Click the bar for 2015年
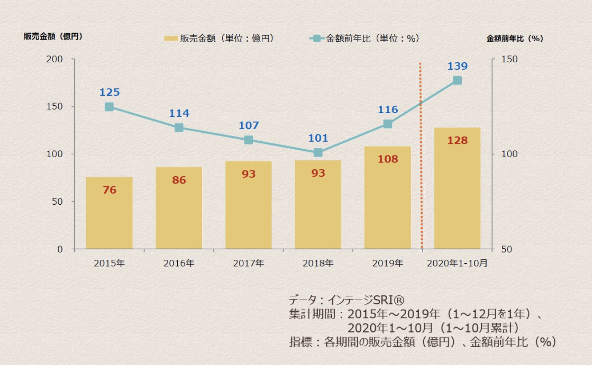(x=109, y=213)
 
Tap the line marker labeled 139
(x=457, y=80)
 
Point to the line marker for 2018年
(x=318, y=153)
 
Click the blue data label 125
(x=109, y=92)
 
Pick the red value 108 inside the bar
(x=388, y=159)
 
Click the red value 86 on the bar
(x=179, y=180)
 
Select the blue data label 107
(x=248, y=125)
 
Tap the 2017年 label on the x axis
(x=248, y=263)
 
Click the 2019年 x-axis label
(x=388, y=263)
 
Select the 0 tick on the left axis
(x=59, y=249)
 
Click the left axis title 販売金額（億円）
(x=53, y=37)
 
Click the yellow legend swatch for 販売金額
(x=171, y=39)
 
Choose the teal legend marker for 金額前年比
(x=316, y=39)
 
